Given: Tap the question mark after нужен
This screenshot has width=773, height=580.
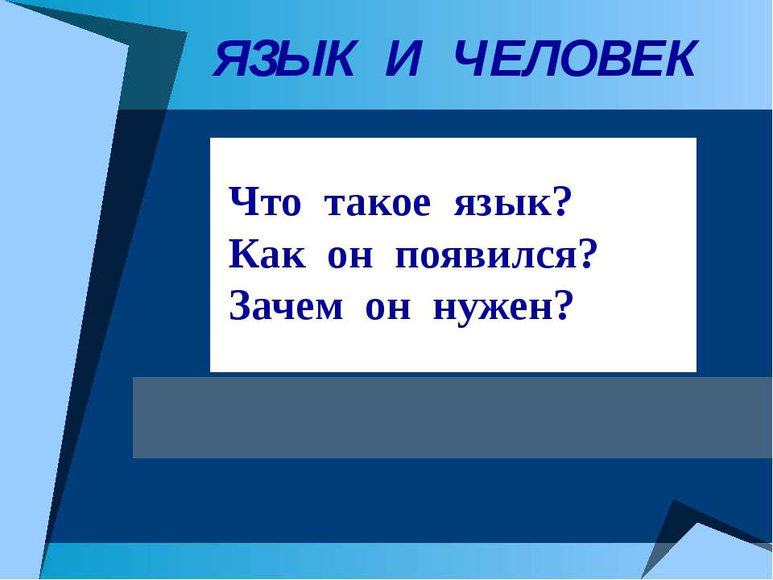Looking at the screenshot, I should tap(563, 305).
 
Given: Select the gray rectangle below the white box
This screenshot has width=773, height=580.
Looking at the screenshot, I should tap(451, 416).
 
